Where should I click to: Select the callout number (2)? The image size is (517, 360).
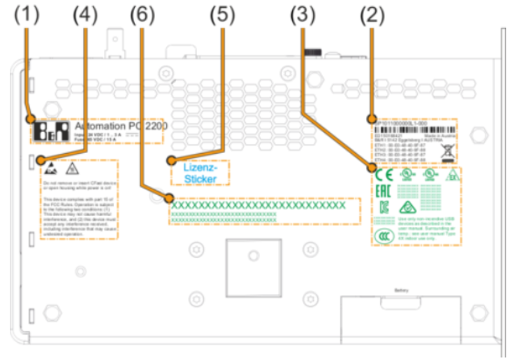click(x=372, y=14)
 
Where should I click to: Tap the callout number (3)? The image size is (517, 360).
click(x=303, y=14)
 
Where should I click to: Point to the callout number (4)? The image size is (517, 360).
click(x=83, y=14)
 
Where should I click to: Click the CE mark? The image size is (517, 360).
click(x=383, y=175)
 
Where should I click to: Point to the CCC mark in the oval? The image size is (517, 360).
click(x=384, y=233)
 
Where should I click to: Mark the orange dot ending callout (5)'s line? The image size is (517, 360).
click(x=170, y=160)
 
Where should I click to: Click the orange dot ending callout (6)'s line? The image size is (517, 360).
click(x=168, y=199)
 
